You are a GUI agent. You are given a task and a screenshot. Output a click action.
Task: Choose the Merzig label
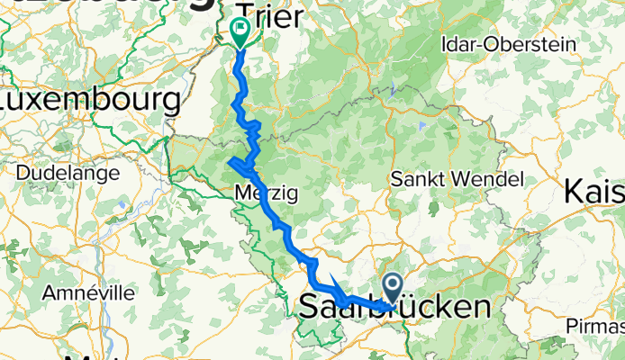pos(265,193)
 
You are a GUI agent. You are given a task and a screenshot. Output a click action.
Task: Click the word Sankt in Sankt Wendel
pos(418,179)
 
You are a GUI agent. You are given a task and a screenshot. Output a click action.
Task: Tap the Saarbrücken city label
pos(396,306)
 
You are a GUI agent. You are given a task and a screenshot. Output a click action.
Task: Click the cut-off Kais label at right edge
pos(594,192)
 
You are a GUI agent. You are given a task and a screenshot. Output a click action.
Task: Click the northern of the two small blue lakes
pos(394,89)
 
